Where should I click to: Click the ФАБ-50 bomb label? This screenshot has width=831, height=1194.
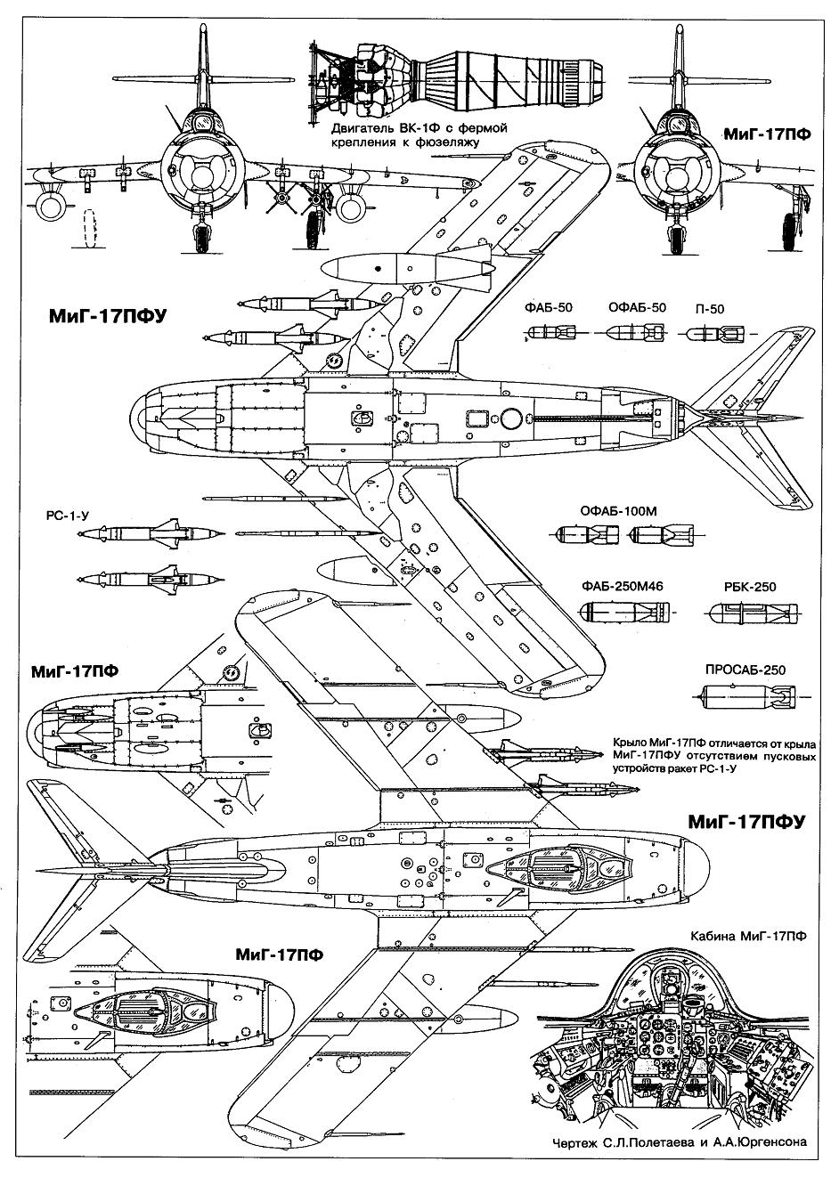click(549, 308)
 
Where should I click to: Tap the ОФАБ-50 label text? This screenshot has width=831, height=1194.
click(637, 308)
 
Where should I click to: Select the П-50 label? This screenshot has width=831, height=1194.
click(709, 308)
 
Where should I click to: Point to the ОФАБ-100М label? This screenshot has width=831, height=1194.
click(619, 511)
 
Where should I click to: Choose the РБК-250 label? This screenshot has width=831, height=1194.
click(745, 587)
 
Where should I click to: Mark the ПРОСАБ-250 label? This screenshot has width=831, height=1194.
click(745, 670)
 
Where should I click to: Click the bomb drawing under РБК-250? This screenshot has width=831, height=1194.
click(746, 613)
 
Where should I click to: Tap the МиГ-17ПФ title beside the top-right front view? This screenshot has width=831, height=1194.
click(767, 134)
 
